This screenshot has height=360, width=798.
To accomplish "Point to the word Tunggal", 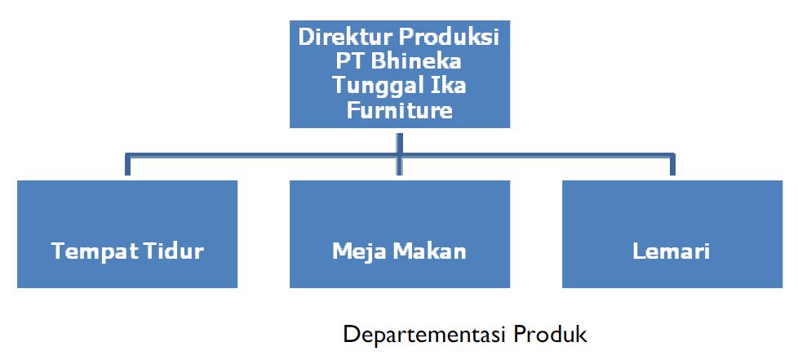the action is tap(375, 86).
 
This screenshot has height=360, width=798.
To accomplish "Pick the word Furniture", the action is tap(399, 109).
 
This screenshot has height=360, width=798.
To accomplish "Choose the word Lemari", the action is tap(671, 251).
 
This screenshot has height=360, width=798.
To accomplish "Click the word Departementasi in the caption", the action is tap(424, 336).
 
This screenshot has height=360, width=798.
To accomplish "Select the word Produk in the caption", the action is tap(549, 336).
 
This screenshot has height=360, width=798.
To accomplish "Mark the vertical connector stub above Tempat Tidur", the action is tap(126, 164).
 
